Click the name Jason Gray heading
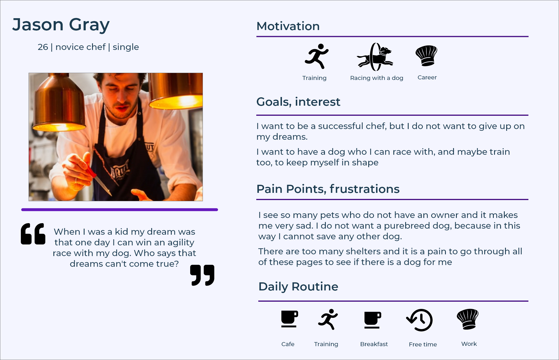click(x=61, y=25)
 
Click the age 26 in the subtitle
click(x=43, y=47)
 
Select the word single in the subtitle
click(x=126, y=47)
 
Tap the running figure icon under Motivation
click(x=317, y=56)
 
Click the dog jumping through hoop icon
click(x=375, y=57)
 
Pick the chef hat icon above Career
click(x=426, y=55)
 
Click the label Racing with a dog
click(x=376, y=78)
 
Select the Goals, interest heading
click(x=298, y=102)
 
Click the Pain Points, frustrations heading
click(x=328, y=189)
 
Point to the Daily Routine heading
click(x=298, y=287)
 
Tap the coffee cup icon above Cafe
click(x=289, y=319)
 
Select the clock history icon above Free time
click(x=420, y=320)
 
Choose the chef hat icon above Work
click(x=468, y=319)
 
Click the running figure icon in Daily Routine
click(x=328, y=319)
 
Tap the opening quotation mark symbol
click(x=33, y=234)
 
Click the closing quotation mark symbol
click(x=202, y=275)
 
